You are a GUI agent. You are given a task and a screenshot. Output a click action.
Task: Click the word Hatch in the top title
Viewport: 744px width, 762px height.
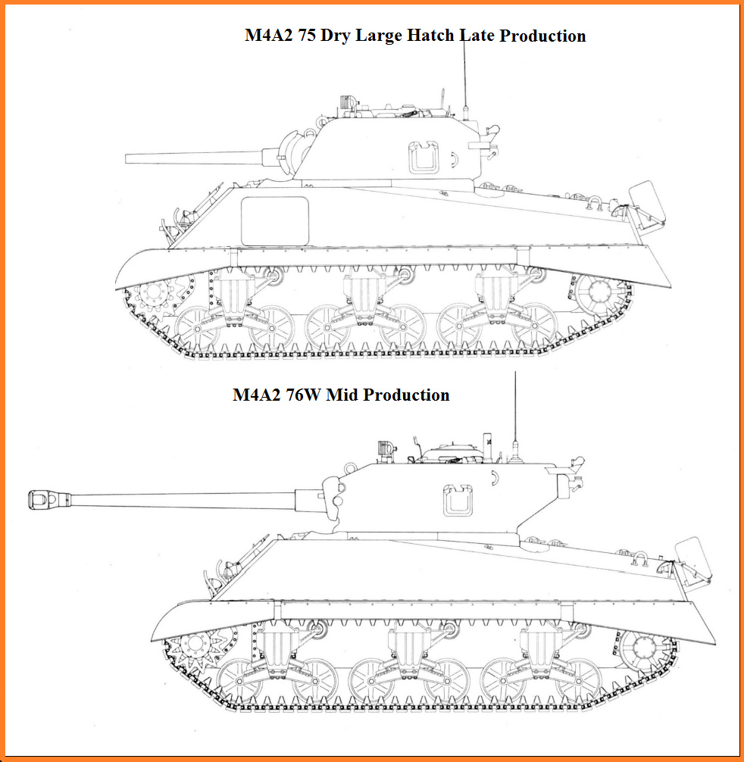(x=430, y=36)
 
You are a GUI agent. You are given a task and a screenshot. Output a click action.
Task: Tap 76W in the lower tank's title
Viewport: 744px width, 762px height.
(x=303, y=395)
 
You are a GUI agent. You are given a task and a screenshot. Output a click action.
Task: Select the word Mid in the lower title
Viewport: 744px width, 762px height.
(x=342, y=395)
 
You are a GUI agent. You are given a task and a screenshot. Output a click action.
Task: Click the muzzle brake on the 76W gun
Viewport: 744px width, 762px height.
(x=49, y=500)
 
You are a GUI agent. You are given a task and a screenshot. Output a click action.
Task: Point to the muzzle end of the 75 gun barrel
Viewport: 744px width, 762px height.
(x=127, y=159)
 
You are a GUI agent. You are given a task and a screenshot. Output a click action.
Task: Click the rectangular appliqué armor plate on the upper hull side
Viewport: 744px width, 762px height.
(x=275, y=221)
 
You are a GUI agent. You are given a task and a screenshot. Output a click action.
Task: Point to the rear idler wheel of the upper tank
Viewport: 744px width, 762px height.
(x=600, y=295)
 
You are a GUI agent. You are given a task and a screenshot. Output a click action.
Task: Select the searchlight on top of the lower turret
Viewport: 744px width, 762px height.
(x=385, y=448)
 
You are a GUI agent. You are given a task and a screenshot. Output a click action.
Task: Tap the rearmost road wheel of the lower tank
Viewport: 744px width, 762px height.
(x=578, y=681)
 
